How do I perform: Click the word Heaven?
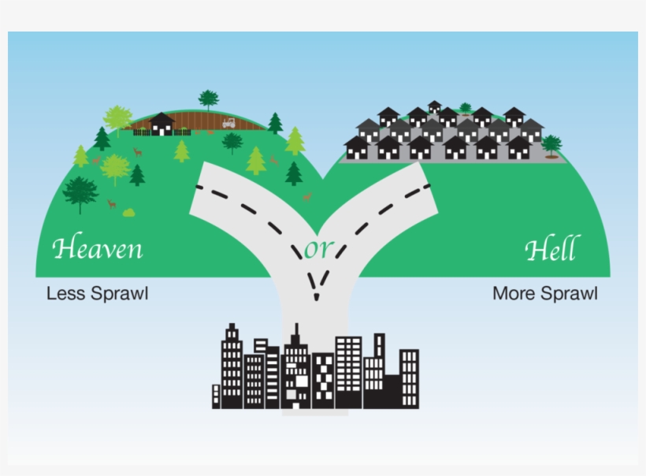point(98,248)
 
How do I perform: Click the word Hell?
point(551,249)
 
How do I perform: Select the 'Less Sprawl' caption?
point(98,294)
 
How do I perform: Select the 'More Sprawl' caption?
point(544,294)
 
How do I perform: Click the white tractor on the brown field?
point(228,123)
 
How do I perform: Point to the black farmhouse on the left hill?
point(161,124)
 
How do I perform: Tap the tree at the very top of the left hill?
point(208,99)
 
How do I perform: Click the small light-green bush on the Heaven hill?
point(128,212)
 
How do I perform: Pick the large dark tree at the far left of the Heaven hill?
point(80,192)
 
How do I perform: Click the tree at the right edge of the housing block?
point(551,144)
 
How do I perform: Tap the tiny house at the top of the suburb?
point(434,106)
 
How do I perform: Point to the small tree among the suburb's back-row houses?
point(465,108)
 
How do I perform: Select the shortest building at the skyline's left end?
point(216,396)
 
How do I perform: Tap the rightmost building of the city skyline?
point(409,378)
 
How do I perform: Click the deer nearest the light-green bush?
point(112,204)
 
